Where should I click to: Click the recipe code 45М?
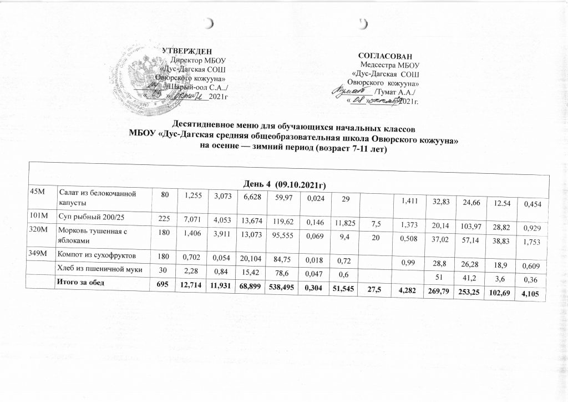click(x=38, y=192)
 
